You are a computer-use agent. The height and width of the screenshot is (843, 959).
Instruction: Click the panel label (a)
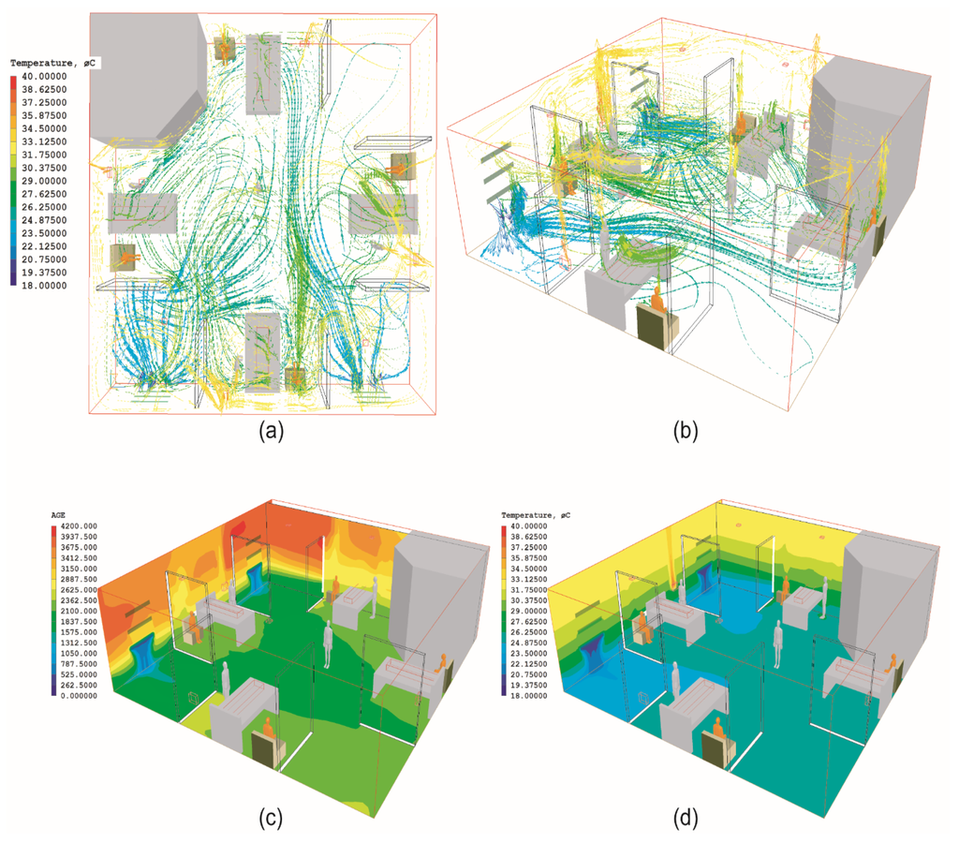271,432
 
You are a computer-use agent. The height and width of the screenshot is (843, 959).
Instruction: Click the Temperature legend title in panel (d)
539,516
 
